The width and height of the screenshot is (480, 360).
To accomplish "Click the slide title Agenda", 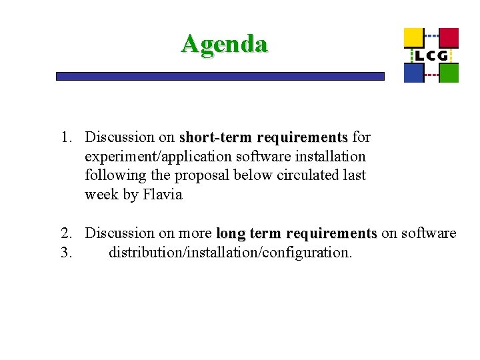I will pyautogui.click(x=224, y=44).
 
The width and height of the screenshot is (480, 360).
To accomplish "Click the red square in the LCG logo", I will pyautogui.click(x=449, y=37).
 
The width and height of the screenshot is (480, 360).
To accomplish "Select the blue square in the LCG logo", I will pyautogui.click(x=413, y=73).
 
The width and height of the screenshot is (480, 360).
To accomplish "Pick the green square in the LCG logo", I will pyautogui.click(x=449, y=73).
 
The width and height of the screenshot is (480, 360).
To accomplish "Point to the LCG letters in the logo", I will pyautogui.click(x=431, y=55).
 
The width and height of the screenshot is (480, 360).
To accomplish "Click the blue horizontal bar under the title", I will pyautogui.click(x=220, y=77).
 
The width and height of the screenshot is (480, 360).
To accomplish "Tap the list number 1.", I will pyautogui.click(x=66, y=138).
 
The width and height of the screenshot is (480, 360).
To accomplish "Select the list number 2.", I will pyautogui.click(x=66, y=233).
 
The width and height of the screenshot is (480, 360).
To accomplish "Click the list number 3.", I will pyautogui.click(x=66, y=253).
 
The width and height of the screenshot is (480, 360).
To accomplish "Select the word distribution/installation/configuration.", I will pyautogui.click(x=230, y=253).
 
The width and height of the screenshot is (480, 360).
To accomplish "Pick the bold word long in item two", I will pyautogui.click(x=231, y=233).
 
